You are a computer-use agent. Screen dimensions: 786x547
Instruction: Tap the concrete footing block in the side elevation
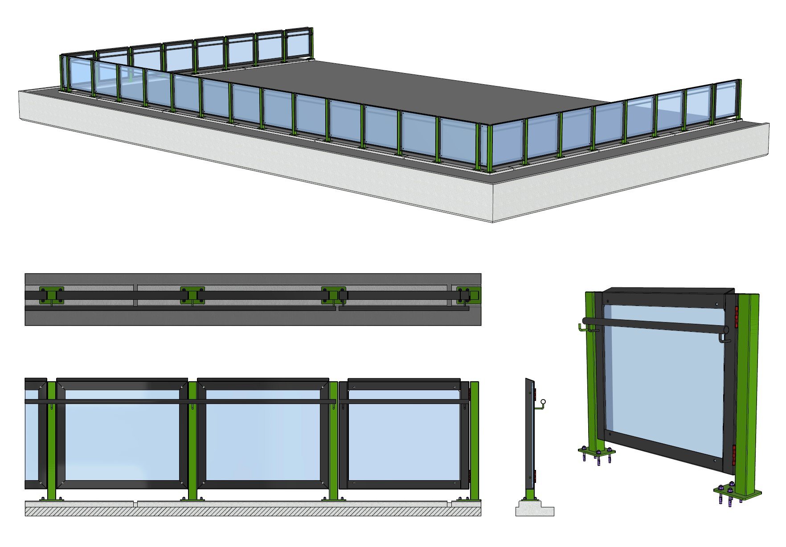(535, 510)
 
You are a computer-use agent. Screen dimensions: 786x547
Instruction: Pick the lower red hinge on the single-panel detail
(734, 455)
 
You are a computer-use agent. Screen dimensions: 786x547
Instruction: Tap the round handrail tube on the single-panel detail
(655, 325)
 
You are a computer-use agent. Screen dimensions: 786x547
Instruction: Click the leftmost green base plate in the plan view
(51, 295)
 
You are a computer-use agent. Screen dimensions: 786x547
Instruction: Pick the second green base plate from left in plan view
(192, 295)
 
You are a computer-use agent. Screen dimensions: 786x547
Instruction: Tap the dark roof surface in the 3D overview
(401, 89)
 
